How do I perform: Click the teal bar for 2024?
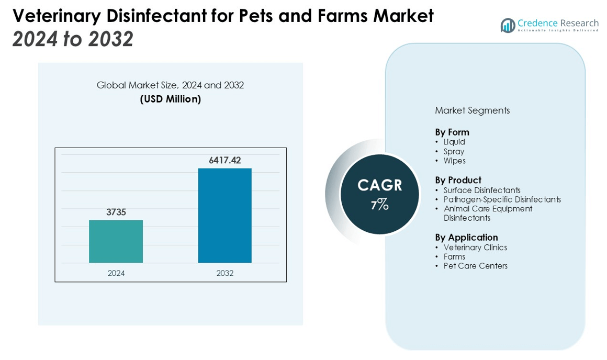pos(116,241)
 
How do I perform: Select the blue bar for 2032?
pos(224,215)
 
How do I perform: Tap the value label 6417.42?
pos(224,161)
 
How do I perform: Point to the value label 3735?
pos(116,212)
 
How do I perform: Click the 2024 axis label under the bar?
pos(116,273)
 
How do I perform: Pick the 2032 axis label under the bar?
pos(224,273)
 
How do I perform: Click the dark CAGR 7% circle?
pos(379,194)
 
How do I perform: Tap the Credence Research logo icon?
pos(508,25)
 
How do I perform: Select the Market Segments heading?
pos(472,110)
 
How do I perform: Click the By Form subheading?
pos(452,132)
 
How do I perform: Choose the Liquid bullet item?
pos(454,142)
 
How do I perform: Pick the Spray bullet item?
pos(454,152)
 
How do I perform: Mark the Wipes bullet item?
pos(454,161)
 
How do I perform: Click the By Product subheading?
pos(458,180)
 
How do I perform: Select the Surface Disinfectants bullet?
pos(482,190)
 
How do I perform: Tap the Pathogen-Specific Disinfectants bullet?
pos(502,199)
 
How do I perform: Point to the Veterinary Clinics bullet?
pos(475,248)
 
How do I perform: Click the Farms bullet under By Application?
pos(454,257)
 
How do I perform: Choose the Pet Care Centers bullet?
pos(475,266)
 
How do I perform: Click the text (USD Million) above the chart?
pos(170,99)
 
